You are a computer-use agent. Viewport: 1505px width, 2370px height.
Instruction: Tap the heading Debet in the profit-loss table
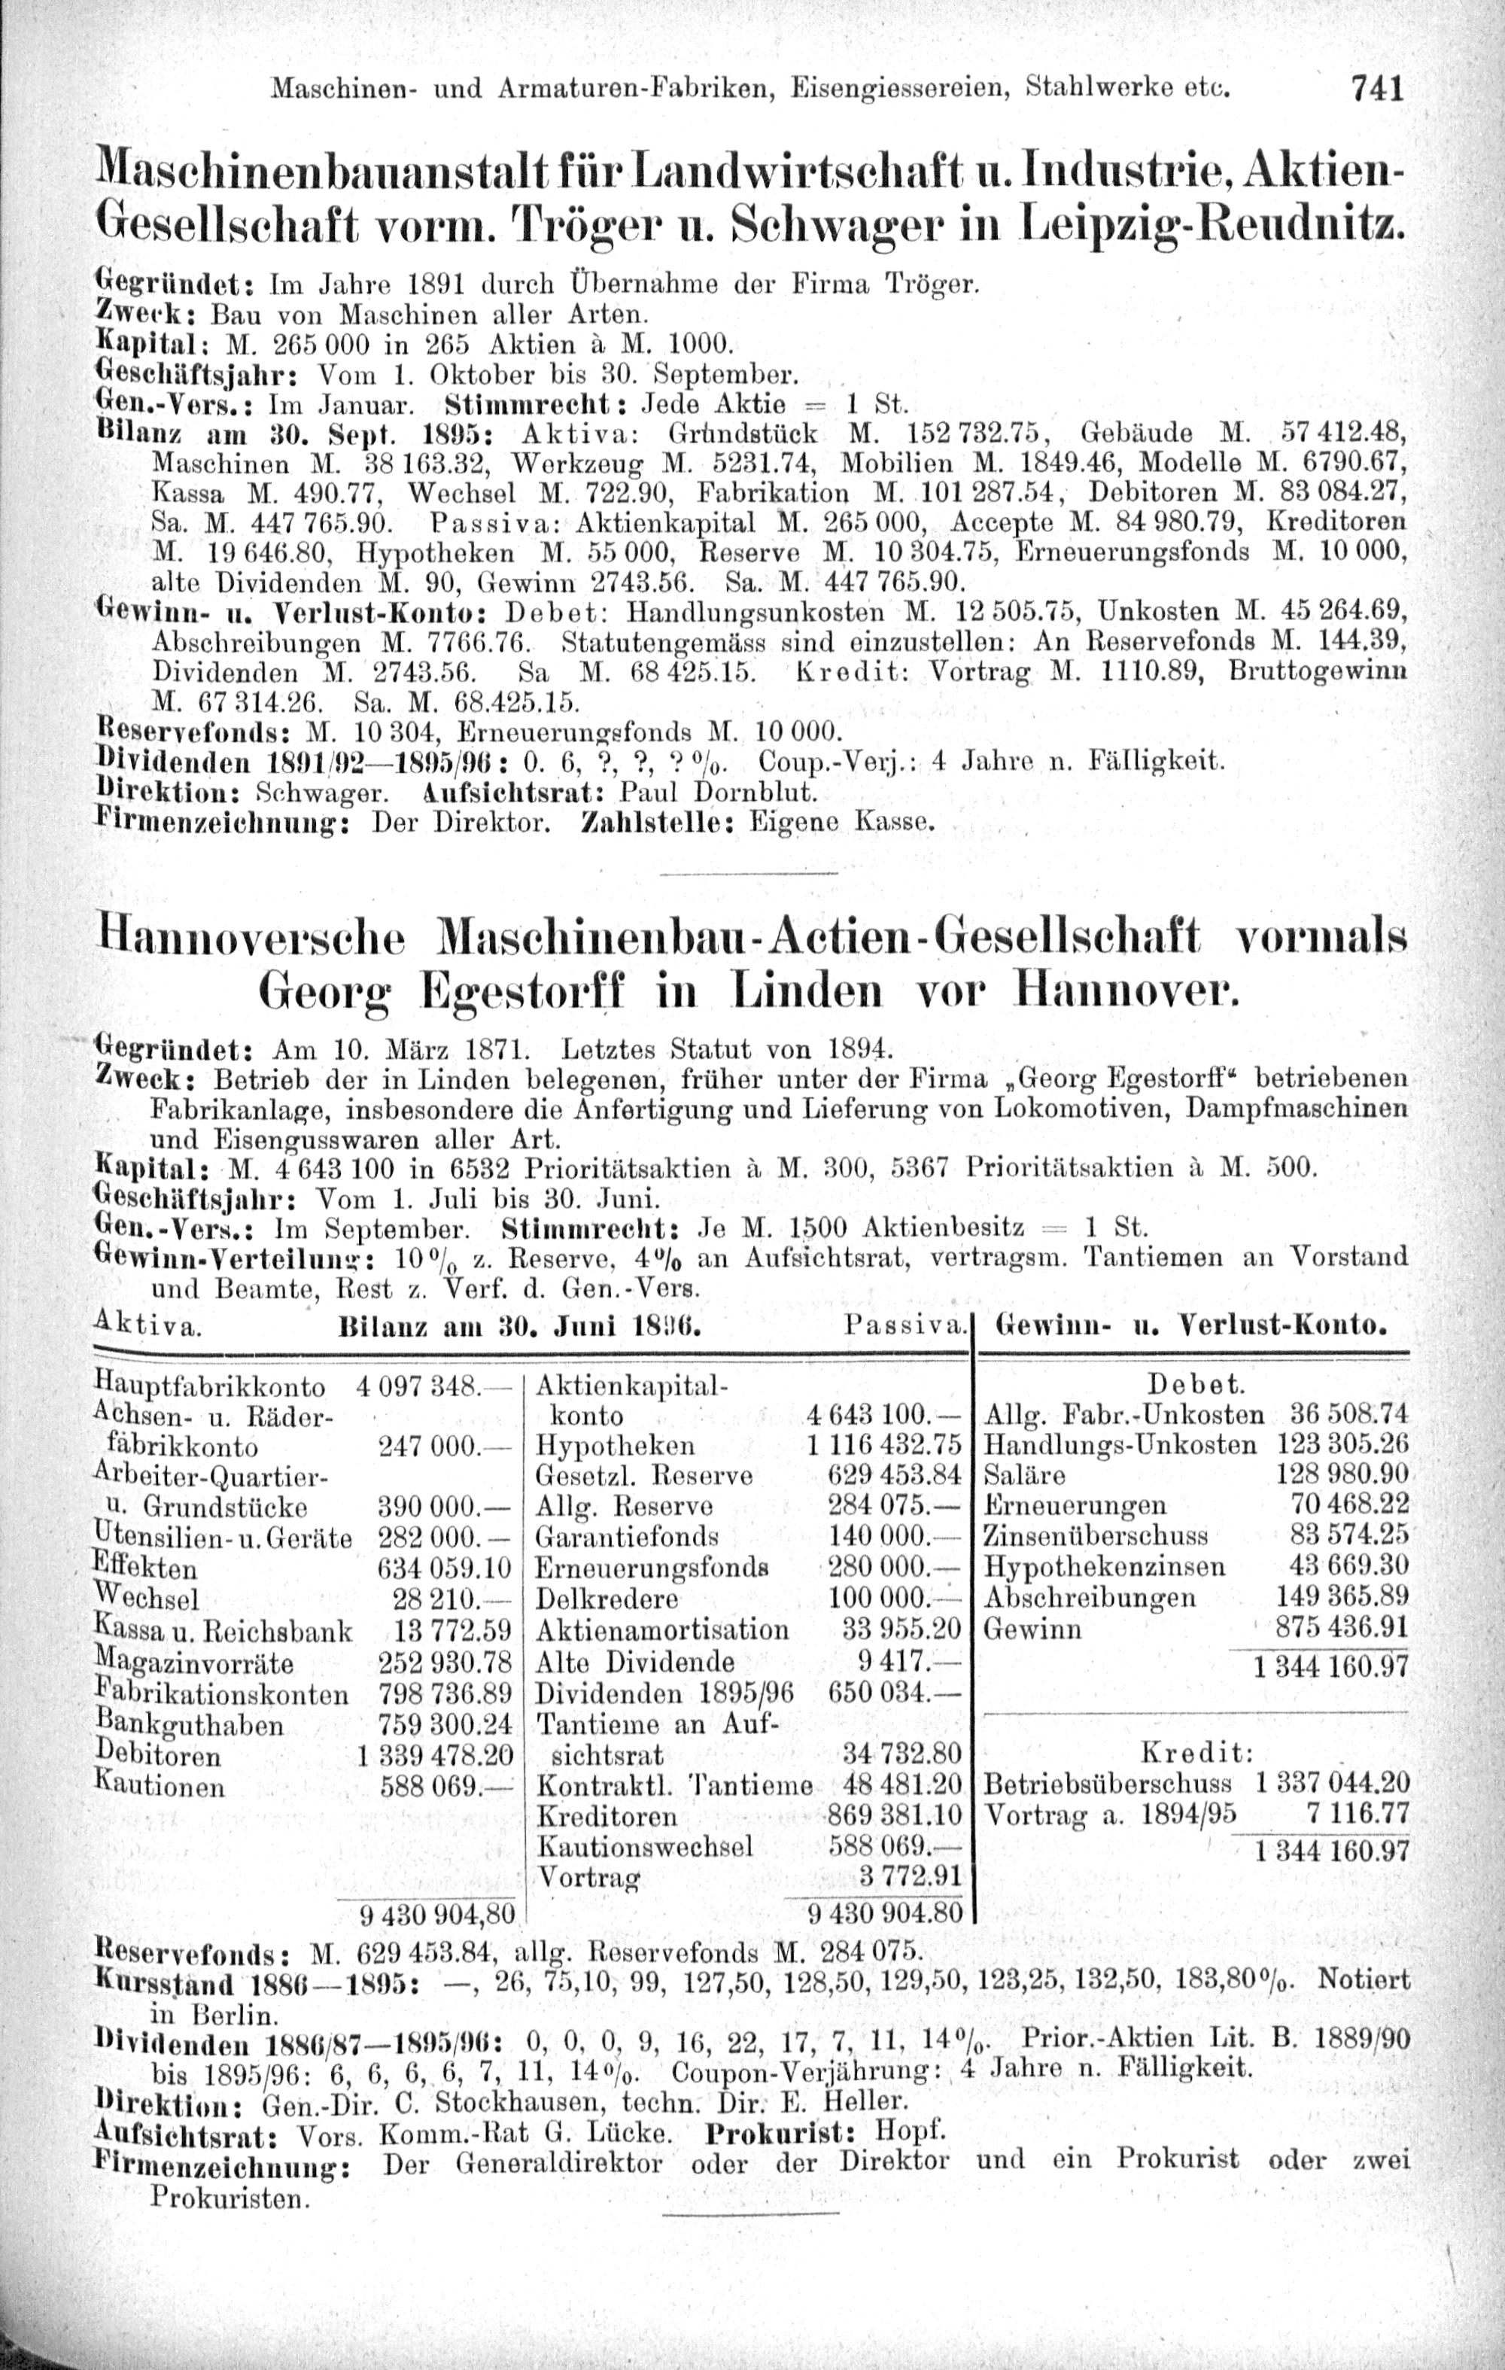pos(1196,1385)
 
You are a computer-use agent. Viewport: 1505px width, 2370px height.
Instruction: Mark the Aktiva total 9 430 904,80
pos(438,1915)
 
